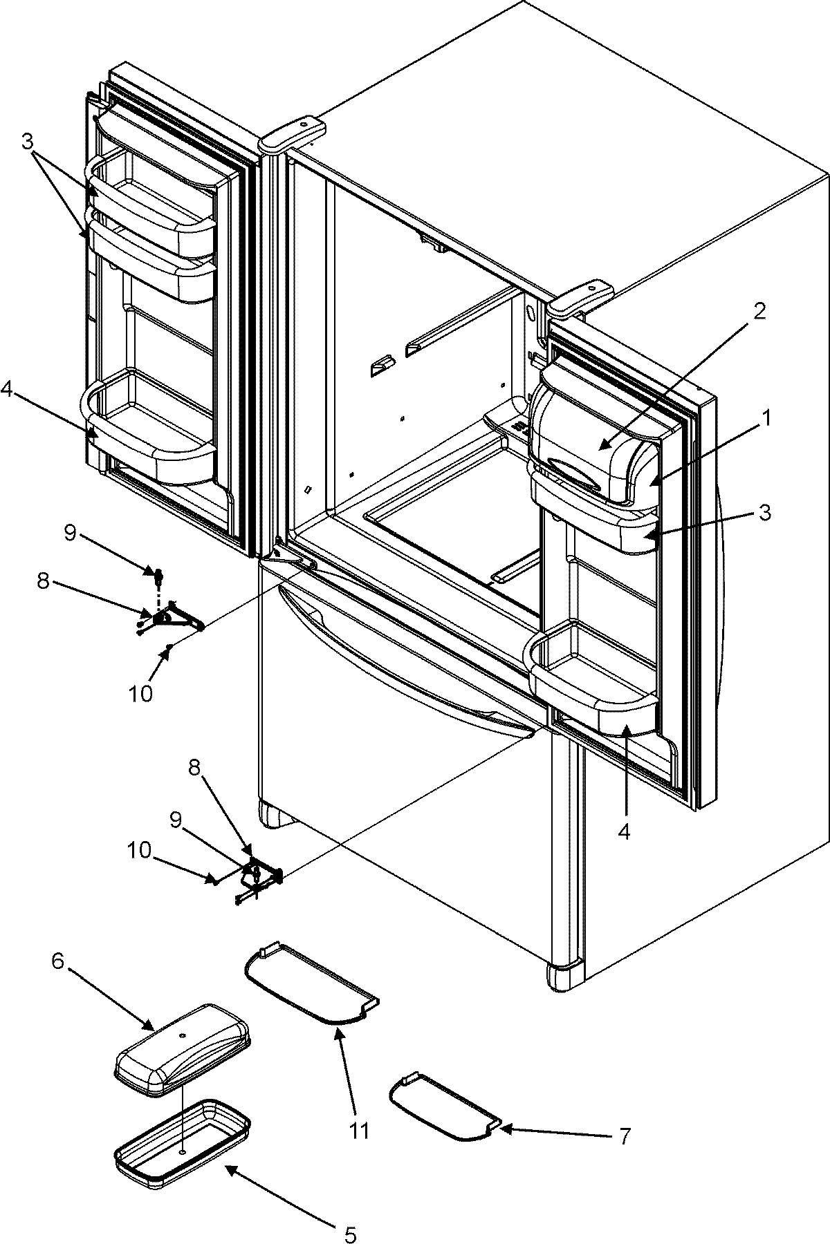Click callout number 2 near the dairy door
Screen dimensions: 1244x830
pyautogui.click(x=759, y=312)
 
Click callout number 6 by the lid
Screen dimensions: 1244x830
pyautogui.click(x=59, y=963)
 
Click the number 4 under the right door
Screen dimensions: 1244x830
pyautogui.click(x=624, y=833)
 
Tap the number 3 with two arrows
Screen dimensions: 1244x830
pyautogui.click(x=27, y=144)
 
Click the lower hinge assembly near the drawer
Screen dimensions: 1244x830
pyautogui.click(x=259, y=876)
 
